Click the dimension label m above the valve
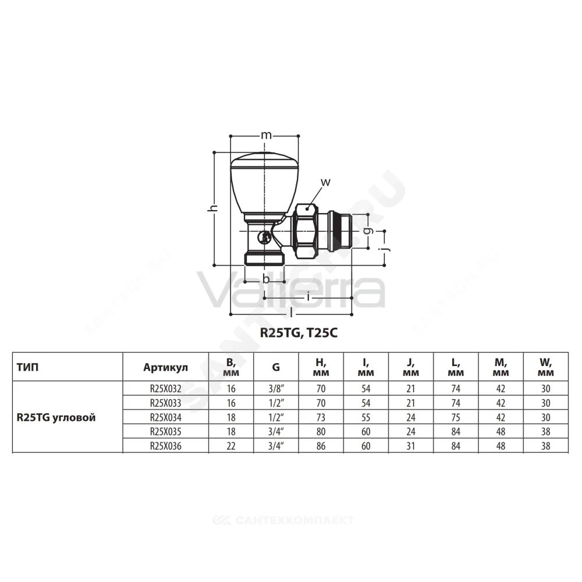(266, 136)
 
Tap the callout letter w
(325, 182)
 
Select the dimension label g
(367, 231)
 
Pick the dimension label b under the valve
(266, 278)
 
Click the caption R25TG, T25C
(299, 333)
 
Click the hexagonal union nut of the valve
(305, 231)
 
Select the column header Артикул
(165, 367)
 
